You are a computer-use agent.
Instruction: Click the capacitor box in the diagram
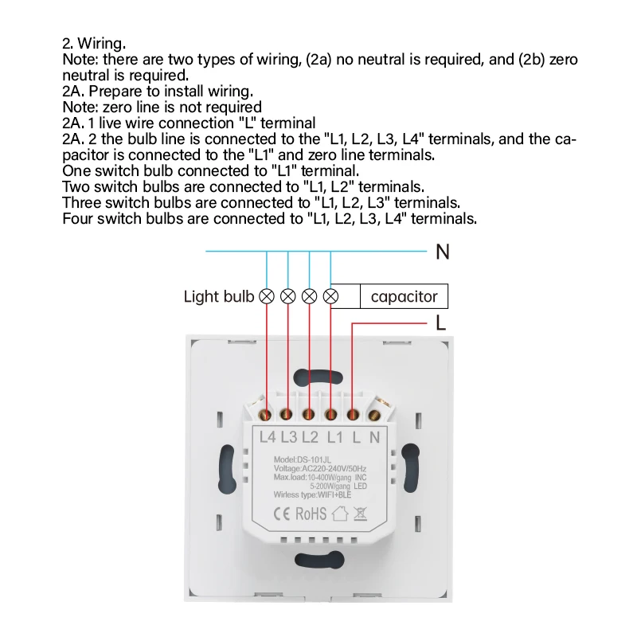coord(404,297)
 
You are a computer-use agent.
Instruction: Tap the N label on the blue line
coord(443,252)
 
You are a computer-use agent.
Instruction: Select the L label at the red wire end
coord(440,323)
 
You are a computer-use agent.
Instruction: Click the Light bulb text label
coord(219,297)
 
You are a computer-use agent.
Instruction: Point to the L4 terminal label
coord(268,436)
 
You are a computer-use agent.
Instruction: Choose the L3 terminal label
coord(289,436)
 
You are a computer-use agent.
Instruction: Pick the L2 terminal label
coord(311,436)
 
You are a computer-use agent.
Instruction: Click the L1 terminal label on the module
coord(335,436)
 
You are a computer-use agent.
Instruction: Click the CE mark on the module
coord(282,514)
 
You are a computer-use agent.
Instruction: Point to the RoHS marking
coord(311,514)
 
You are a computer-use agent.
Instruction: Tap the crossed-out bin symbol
coord(360,514)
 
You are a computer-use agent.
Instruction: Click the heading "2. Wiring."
coord(94,44)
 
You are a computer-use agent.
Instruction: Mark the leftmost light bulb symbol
coord(267,297)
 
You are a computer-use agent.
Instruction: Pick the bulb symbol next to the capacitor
coord(331,297)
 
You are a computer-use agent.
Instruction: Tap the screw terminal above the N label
coord(375,413)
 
